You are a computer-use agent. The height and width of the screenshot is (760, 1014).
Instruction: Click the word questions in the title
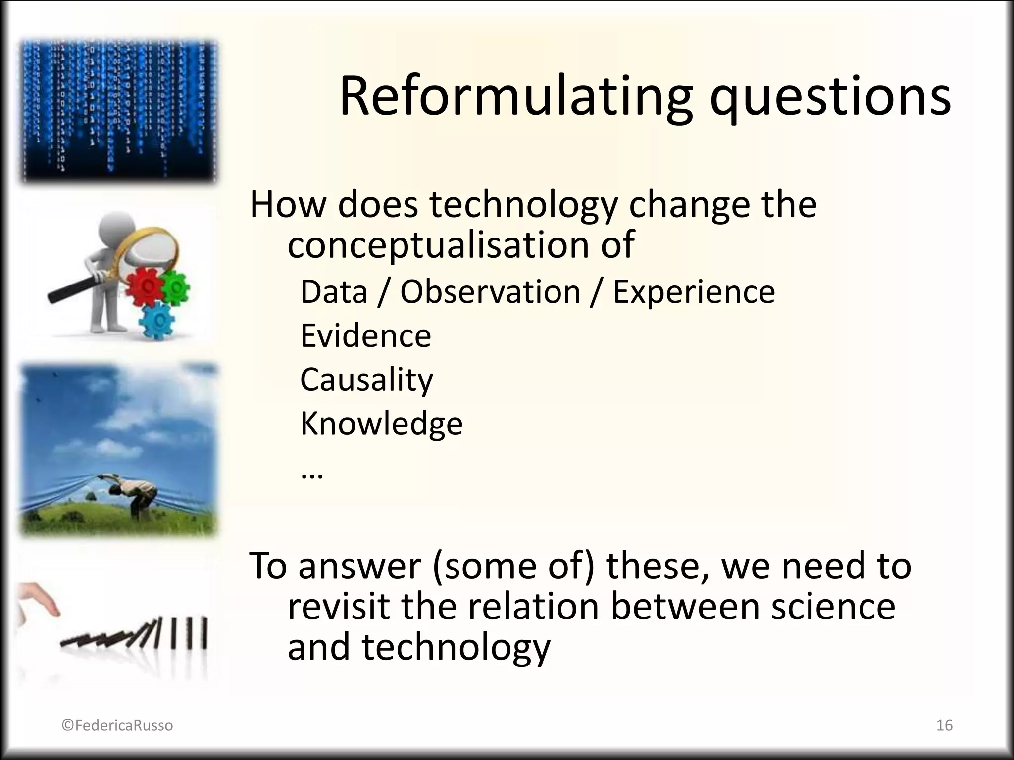click(830, 99)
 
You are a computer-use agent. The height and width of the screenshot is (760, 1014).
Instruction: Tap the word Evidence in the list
click(365, 336)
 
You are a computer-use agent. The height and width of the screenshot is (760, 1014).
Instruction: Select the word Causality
click(366, 380)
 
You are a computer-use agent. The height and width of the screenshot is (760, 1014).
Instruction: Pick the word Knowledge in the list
click(381, 424)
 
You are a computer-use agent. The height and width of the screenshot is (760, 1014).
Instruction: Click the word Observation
click(490, 292)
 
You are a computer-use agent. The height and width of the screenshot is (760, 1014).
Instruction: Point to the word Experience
click(694, 292)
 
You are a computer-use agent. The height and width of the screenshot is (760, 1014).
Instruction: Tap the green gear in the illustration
click(174, 286)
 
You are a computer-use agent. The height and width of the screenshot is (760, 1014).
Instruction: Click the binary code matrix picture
click(119, 111)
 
